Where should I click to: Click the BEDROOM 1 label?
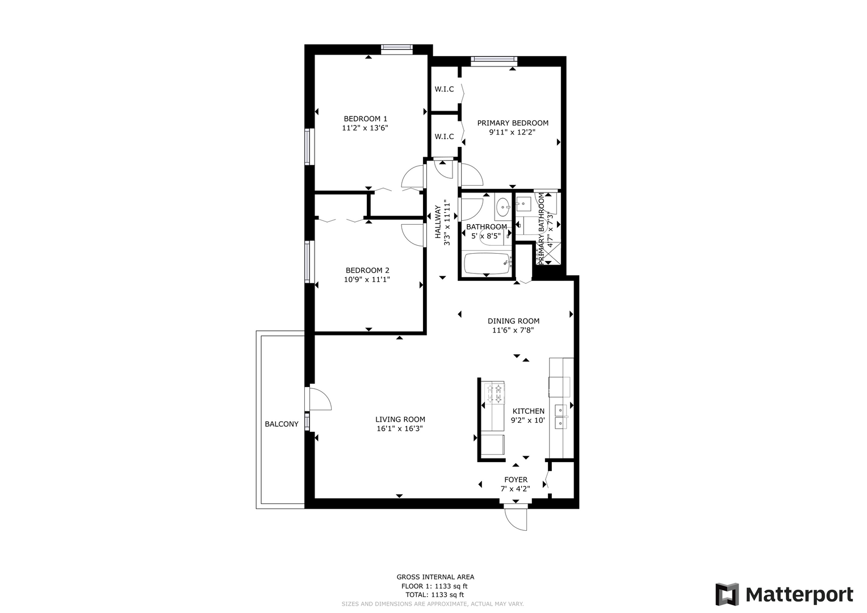click(365, 119)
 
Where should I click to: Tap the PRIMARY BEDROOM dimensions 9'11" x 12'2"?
click(513, 132)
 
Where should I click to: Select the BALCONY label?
click(282, 424)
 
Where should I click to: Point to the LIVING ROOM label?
click(400, 419)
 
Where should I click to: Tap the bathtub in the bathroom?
click(487, 263)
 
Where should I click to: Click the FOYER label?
click(516, 480)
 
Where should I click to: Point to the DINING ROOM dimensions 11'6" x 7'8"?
click(513, 330)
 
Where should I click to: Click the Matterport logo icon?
click(727, 594)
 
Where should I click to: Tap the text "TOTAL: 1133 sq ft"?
click(435, 595)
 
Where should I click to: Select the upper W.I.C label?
click(444, 90)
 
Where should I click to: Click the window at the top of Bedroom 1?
click(397, 48)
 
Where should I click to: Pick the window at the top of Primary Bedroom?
click(494, 59)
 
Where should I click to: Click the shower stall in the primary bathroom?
click(548, 254)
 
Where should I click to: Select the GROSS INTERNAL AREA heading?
click(435, 577)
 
